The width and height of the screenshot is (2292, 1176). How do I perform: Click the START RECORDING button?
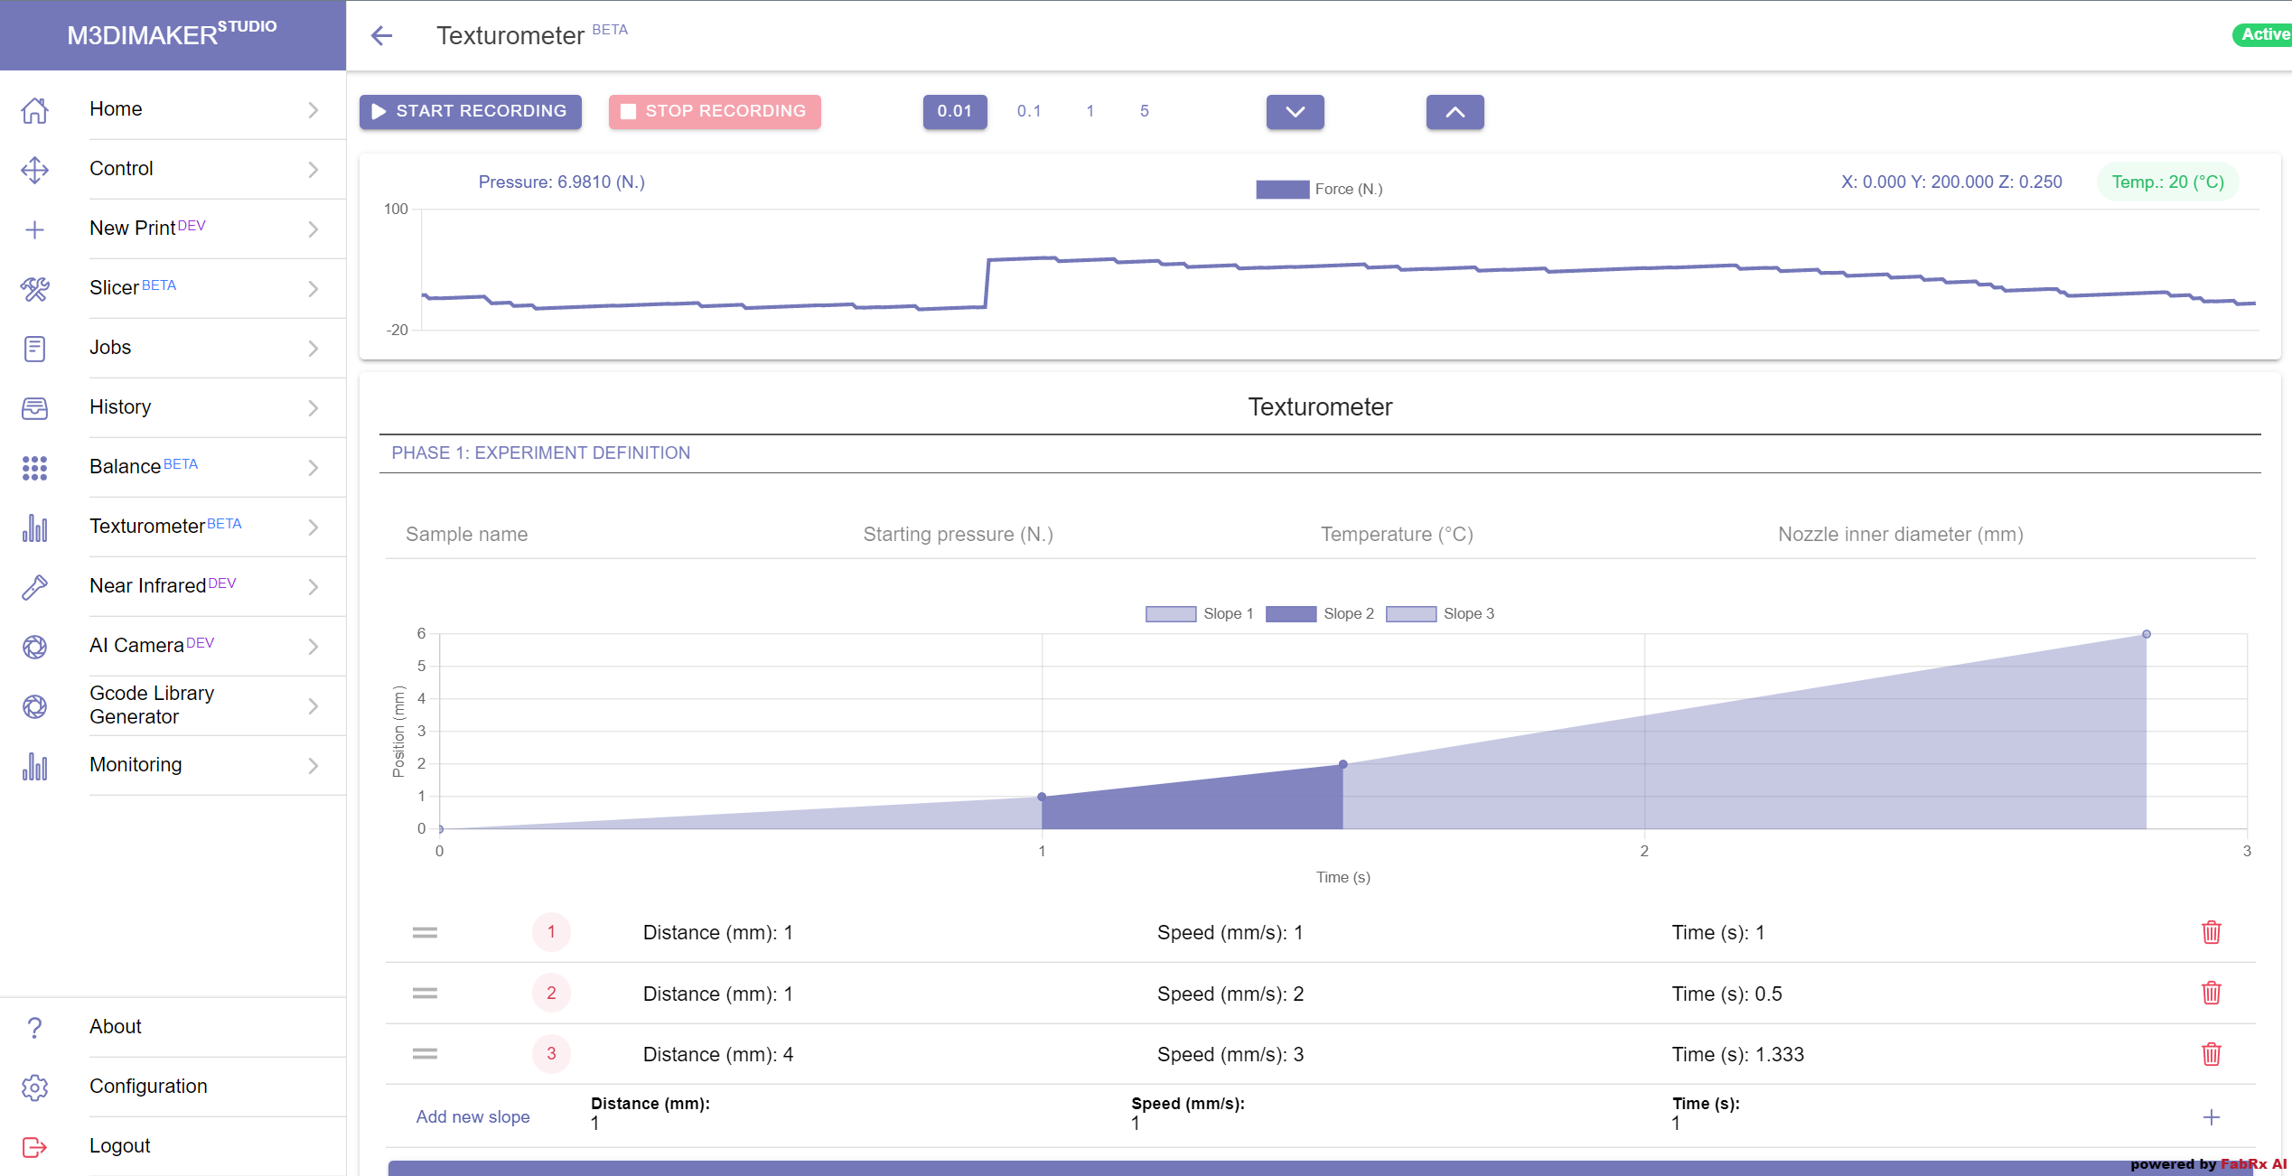tap(470, 111)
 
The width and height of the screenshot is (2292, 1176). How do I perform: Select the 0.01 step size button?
tap(954, 111)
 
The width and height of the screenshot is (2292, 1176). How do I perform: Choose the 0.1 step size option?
tap(1028, 111)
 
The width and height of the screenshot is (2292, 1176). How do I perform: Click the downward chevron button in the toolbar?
tap(1295, 112)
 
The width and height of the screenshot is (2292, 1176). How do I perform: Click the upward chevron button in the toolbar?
tap(1455, 112)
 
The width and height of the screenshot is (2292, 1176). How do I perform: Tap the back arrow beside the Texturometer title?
tap(382, 35)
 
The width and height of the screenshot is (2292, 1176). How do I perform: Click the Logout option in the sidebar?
tap(119, 1146)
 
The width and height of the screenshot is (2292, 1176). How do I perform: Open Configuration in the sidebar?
tap(148, 1087)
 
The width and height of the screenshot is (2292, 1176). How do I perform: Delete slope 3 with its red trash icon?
tap(2211, 1054)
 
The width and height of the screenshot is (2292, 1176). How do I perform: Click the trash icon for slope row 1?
tap(2211, 932)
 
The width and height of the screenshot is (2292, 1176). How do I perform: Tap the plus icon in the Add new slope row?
tap(2211, 1117)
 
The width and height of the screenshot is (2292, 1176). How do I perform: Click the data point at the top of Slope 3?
tap(2147, 634)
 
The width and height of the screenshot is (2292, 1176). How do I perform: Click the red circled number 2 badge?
tap(551, 994)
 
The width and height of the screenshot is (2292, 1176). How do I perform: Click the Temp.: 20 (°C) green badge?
tap(2167, 182)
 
